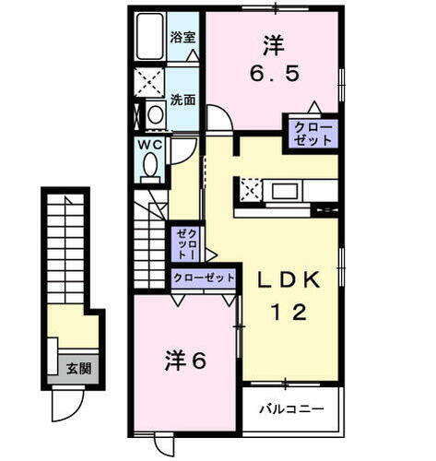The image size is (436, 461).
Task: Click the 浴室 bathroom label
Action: click(x=183, y=38)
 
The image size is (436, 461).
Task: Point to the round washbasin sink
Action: click(x=156, y=114)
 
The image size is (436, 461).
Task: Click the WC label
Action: click(x=150, y=145)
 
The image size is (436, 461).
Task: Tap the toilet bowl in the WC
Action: click(x=150, y=166)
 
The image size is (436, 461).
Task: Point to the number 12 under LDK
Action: click(x=287, y=313)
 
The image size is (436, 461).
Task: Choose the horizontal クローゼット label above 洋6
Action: click(x=203, y=278)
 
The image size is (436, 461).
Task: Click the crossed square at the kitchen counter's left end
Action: click(x=250, y=191)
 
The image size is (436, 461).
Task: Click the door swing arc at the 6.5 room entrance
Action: click(x=218, y=118)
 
